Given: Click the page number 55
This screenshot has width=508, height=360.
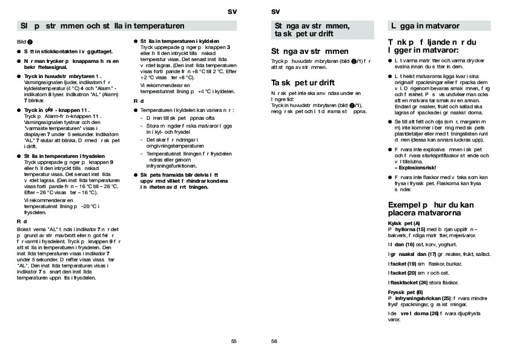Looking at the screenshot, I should point(234,341).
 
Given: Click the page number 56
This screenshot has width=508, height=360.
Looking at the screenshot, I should point(274,341).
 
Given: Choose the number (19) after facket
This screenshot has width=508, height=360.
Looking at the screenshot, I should point(411,264).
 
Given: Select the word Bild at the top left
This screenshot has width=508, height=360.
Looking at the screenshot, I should point(22,41).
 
